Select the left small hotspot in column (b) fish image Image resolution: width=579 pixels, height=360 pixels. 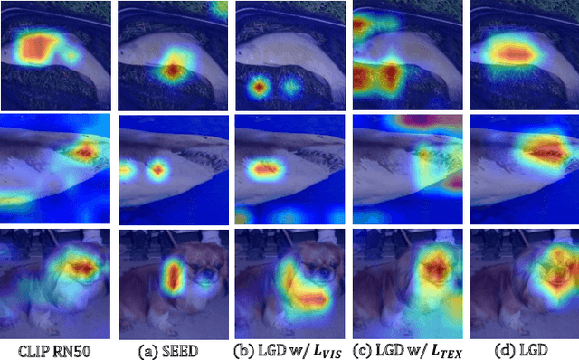click(x=261, y=88)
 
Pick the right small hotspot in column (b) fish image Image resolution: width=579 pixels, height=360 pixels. click(x=291, y=88)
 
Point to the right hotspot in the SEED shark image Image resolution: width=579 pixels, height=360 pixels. click(x=158, y=169)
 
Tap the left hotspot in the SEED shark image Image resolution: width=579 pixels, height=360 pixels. click(x=128, y=168)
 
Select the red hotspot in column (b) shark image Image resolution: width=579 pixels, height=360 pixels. click(x=265, y=168)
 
